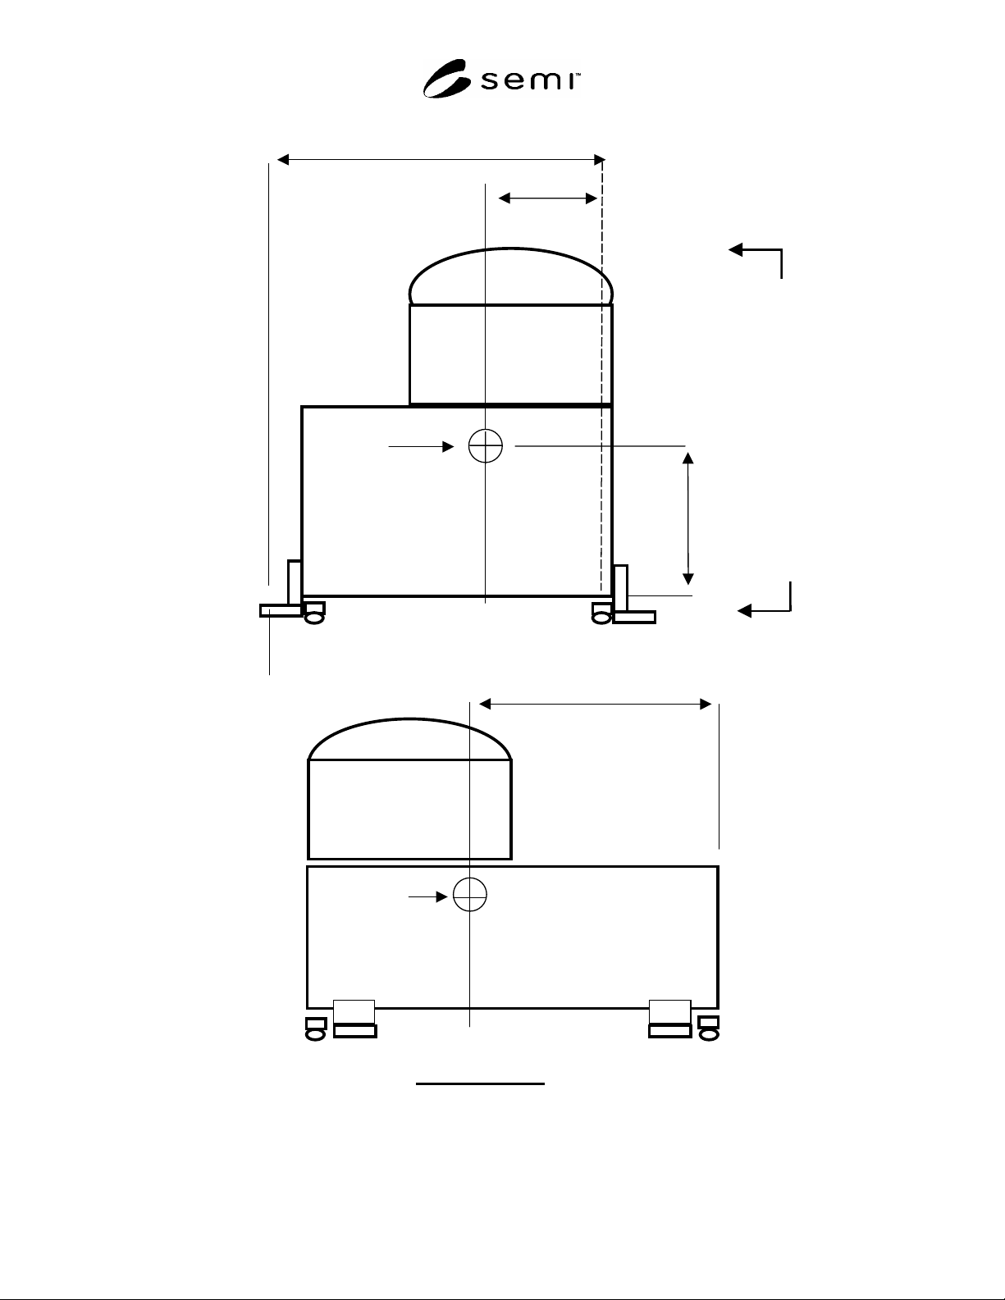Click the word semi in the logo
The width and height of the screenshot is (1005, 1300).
529,81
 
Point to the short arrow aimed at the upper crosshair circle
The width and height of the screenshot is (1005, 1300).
421,446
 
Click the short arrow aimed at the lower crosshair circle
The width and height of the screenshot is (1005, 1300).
427,896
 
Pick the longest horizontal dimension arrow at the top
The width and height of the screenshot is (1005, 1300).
441,160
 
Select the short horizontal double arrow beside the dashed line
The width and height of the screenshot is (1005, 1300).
548,198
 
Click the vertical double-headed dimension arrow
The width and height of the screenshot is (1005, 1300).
688,518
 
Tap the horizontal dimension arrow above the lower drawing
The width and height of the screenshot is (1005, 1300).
596,705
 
